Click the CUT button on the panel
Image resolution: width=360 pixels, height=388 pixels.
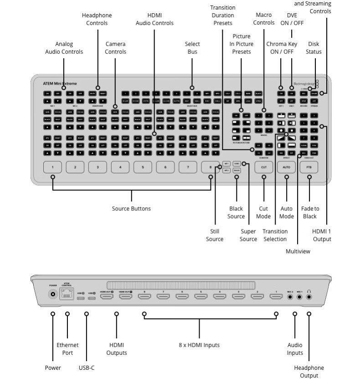[x=263, y=168]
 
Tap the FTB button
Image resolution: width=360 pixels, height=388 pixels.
[x=309, y=168]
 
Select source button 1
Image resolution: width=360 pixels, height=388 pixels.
[x=52, y=168]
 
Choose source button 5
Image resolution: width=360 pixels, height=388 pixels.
[x=143, y=168]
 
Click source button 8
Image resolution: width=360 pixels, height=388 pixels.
[x=210, y=168]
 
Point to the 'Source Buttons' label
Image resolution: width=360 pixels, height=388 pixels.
[x=131, y=209]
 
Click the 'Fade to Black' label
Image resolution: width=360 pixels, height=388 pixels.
[x=310, y=212]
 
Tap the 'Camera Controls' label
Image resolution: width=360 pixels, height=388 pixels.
[x=115, y=48]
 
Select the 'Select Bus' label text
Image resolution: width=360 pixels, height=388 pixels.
[x=192, y=48]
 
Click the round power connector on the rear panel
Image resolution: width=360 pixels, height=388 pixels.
[x=53, y=295]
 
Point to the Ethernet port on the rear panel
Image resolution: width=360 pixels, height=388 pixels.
[x=67, y=295]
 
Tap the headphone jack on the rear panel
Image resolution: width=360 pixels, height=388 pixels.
[x=309, y=297]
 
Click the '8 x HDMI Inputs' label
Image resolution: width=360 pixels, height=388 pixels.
[x=199, y=345]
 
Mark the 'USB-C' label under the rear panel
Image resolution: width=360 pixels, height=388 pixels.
[x=87, y=368]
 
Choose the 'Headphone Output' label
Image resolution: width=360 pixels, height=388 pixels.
[x=309, y=372]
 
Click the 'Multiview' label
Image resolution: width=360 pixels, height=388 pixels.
[x=298, y=251]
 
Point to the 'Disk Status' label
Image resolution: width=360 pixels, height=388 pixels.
[x=314, y=48]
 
